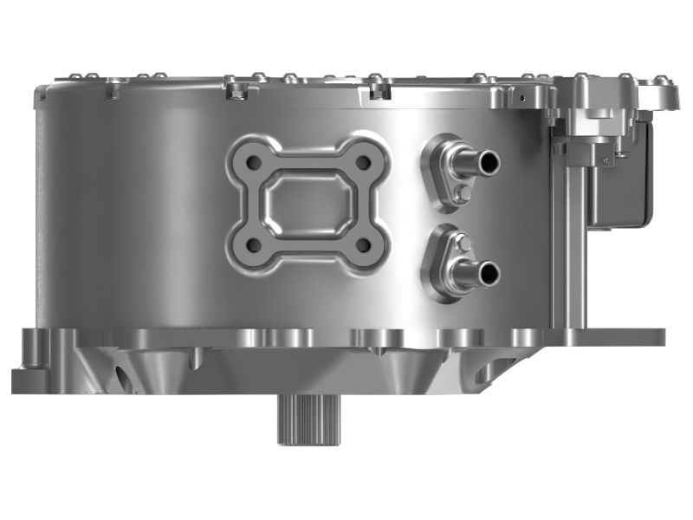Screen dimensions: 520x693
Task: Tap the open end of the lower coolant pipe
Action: pos(489,273)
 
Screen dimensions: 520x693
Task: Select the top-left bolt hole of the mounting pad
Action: pos(254,162)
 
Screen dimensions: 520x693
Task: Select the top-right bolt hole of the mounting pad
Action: pos(363,162)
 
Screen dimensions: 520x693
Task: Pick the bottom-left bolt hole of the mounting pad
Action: pos(254,245)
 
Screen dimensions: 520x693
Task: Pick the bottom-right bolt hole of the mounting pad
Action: pos(363,245)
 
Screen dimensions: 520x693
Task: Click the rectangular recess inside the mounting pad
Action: pos(308,204)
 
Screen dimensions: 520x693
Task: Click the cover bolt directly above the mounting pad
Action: pos(305,86)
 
